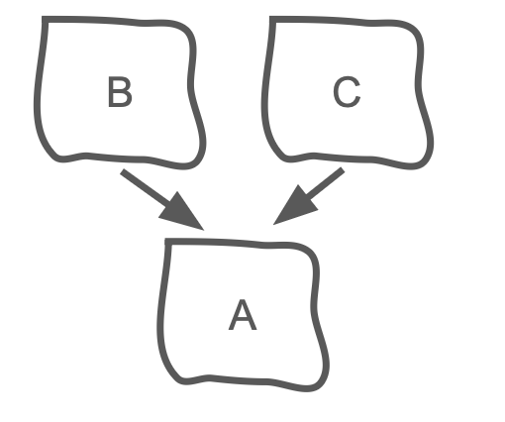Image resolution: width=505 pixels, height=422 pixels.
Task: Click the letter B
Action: [x=120, y=92]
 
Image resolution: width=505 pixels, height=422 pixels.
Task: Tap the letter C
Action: [x=347, y=92]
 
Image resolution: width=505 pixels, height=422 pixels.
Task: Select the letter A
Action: [x=243, y=315]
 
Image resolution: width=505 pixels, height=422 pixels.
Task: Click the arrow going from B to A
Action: [x=162, y=200]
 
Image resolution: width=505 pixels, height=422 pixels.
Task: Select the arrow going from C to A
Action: [x=309, y=196]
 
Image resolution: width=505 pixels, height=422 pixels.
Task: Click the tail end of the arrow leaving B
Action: [x=122, y=171]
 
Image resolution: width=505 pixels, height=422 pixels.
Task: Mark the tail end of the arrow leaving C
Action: [x=343, y=170]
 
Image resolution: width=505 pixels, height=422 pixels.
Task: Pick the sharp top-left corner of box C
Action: [x=272, y=19]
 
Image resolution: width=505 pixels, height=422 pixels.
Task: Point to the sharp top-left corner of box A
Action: [x=167, y=242]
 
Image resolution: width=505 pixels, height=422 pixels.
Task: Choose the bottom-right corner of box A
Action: [x=321, y=383]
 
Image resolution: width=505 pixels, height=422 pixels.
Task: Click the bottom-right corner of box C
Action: [x=426, y=160]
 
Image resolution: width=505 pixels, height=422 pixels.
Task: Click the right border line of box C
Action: [x=420, y=92]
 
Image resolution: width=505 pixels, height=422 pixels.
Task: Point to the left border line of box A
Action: [x=160, y=314]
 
